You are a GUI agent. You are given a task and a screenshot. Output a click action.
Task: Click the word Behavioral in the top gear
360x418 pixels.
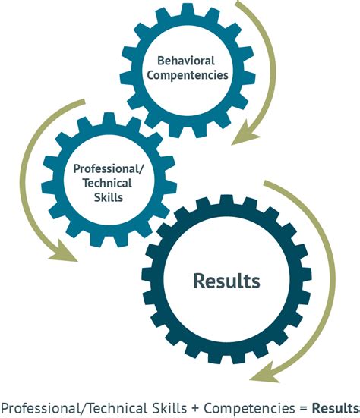[x=186, y=61]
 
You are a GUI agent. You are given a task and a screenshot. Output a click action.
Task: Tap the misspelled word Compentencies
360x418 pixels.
[x=188, y=75]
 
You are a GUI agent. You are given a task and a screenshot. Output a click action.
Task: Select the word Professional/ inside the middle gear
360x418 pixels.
[x=109, y=169]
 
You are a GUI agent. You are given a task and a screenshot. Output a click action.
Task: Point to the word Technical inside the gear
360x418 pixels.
[x=107, y=183]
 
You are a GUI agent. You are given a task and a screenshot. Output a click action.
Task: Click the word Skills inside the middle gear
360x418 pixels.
[x=109, y=197]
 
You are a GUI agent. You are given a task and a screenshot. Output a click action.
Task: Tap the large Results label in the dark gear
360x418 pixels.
[x=226, y=281]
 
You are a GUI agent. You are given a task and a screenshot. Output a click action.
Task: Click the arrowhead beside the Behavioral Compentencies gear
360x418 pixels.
[x=245, y=134]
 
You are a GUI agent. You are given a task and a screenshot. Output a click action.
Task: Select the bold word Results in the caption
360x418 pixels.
[x=336, y=408]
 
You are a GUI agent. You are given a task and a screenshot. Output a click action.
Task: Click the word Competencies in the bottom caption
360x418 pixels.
[x=249, y=408]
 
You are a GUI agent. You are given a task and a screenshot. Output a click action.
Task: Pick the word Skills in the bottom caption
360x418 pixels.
[x=169, y=408]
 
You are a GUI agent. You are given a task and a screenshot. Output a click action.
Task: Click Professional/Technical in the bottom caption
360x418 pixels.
[x=74, y=408]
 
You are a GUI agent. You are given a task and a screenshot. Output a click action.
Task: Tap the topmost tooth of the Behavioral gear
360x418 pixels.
[x=187, y=10]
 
